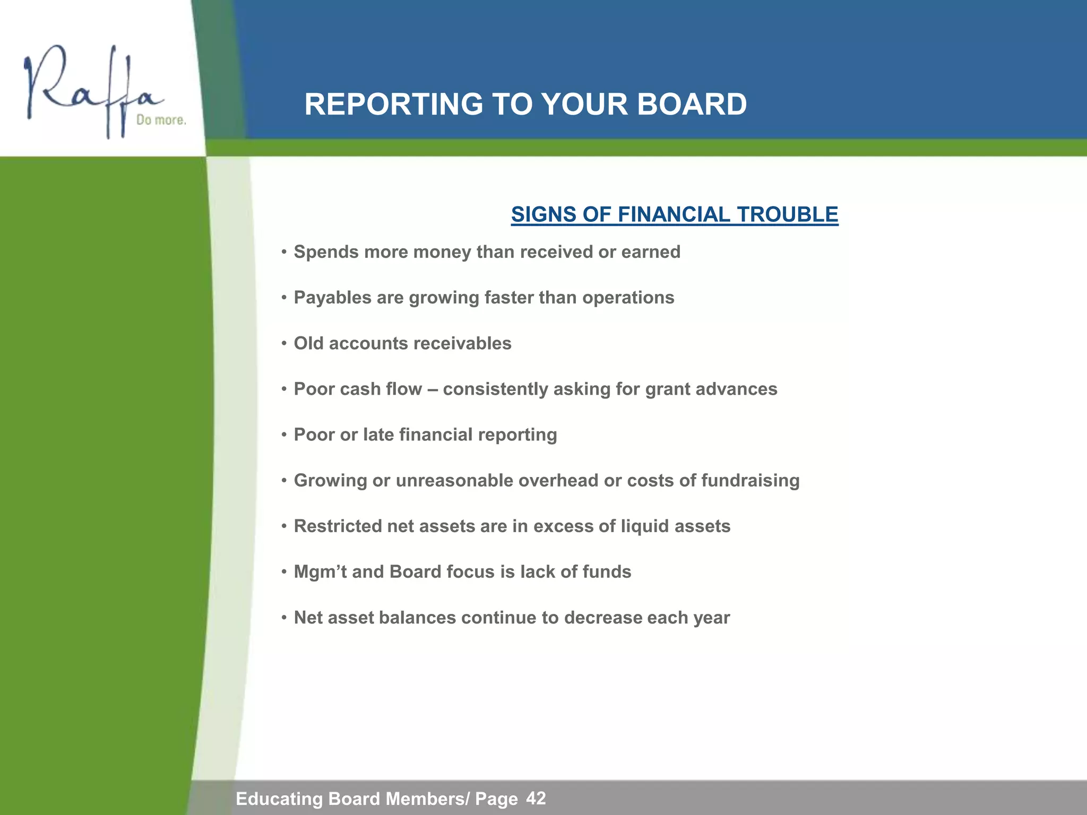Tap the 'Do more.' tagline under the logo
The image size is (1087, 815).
(161, 120)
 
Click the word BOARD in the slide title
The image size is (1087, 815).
(692, 104)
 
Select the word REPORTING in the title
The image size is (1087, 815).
(393, 104)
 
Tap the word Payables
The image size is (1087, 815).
(333, 298)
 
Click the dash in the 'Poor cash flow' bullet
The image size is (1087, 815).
(432, 389)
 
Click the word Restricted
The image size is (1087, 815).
(338, 526)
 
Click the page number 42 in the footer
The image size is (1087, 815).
(536, 798)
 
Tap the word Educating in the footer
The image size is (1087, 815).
(279, 799)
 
